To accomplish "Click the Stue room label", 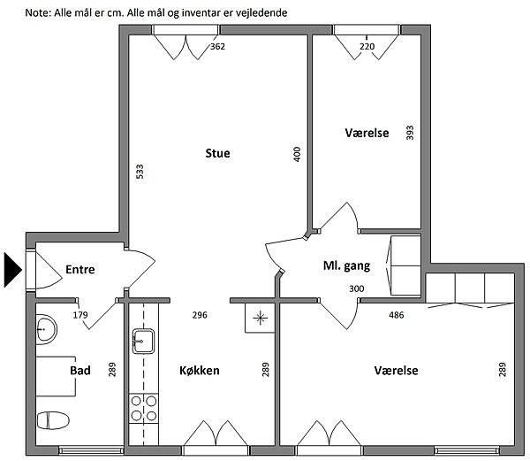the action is pyautogui.click(x=217, y=153).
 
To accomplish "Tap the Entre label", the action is pyautogui.click(x=80, y=269).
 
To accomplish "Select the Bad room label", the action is pyautogui.click(x=80, y=370).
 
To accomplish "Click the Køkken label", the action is pyautogui.click(x=200, y=370).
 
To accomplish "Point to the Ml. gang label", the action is pyautogui.click(x=347, y=265).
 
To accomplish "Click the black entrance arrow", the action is pyautogui.click(x=13, y=270).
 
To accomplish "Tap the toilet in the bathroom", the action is pyautogui.click(x=53, y=420).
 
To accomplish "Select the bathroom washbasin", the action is pyautogui.click(x=46, y=329).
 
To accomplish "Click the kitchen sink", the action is pyautogui.click(x=143, y=342).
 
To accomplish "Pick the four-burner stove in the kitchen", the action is pyautogui.click(x=144, y=408).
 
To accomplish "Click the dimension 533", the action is pyautogui.click(x=140, y=172).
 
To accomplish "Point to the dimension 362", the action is pyautogui.click(x=217, y=46).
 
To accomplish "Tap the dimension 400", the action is pyautogui.click(x=297, y=154).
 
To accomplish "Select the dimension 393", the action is pyautogui.click(x=410, y=133).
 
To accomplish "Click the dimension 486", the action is pyautogui.click(x=396, y=315).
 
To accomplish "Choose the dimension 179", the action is pyautogui.click(x=80, y=315).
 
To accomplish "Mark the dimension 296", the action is pyautogui.click(x=200, y=315).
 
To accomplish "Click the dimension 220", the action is pyautogui.click(x=367, y=46).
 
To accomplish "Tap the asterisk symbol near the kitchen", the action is pyautogui.click(x=260, y=318).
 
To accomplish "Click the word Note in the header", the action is pyautogui.click(x=37, y=13).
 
